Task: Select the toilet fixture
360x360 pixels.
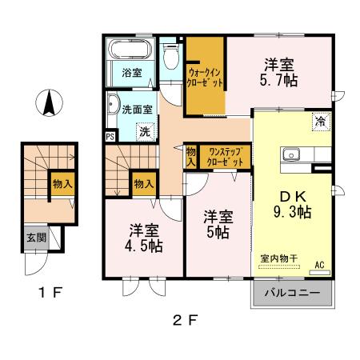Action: [x=170, y=56]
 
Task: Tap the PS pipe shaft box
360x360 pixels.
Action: [x=110, y=136]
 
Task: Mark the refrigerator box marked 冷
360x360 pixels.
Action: [x=319, y=122]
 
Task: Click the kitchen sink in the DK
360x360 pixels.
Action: [x=289, y=155]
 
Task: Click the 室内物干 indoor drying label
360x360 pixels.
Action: [x=279, y=258]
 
